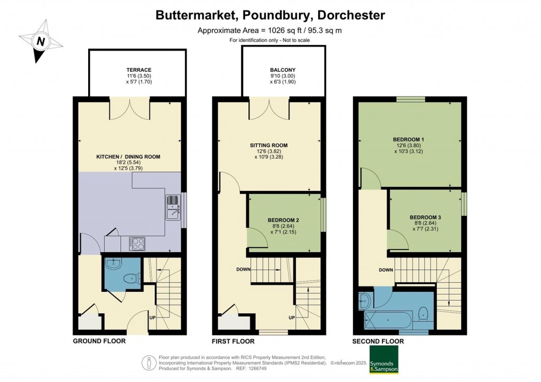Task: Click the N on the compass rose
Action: (41, 42)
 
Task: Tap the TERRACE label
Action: (138, 70)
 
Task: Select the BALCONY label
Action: (283, 70)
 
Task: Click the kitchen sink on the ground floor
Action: (173, 207)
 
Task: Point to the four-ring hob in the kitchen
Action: (137, 244)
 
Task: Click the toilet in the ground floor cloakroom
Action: (133, 278)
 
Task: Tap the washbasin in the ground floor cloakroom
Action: (113, 264)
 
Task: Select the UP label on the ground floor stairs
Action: (152, 318)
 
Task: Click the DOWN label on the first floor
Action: (243, 270)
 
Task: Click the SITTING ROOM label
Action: (269, 145)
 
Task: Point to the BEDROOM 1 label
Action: (408, 139)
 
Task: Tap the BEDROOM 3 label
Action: (425, 217)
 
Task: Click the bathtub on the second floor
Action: (388, 320)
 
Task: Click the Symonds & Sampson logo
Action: (384, 359)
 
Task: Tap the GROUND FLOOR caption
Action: (99, 341)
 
